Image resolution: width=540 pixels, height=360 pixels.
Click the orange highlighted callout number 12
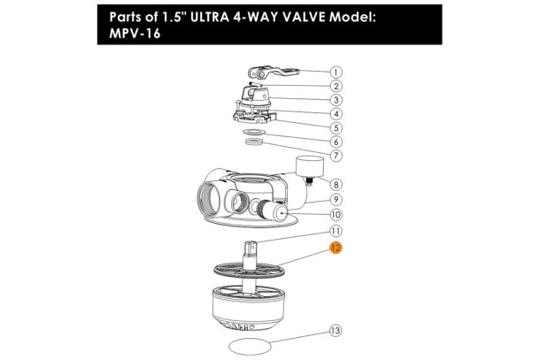336,248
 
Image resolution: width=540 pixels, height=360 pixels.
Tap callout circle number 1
336,73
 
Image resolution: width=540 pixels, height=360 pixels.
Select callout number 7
336,155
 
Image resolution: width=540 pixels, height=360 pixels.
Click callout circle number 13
336,331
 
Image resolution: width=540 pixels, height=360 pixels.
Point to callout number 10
336,214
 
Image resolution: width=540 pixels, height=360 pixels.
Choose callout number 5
336,127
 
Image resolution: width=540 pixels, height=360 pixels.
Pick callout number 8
336,185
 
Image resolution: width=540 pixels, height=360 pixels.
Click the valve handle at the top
274,73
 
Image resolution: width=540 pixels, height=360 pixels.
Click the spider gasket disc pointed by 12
250,270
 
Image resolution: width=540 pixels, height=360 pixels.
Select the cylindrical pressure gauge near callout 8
310,166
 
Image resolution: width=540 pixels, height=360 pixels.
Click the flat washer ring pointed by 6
254,132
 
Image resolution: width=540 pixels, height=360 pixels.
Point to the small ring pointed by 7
254,142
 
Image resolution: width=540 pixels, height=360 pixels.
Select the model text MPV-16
135,34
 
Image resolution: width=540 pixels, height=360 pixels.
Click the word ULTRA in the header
210,17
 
